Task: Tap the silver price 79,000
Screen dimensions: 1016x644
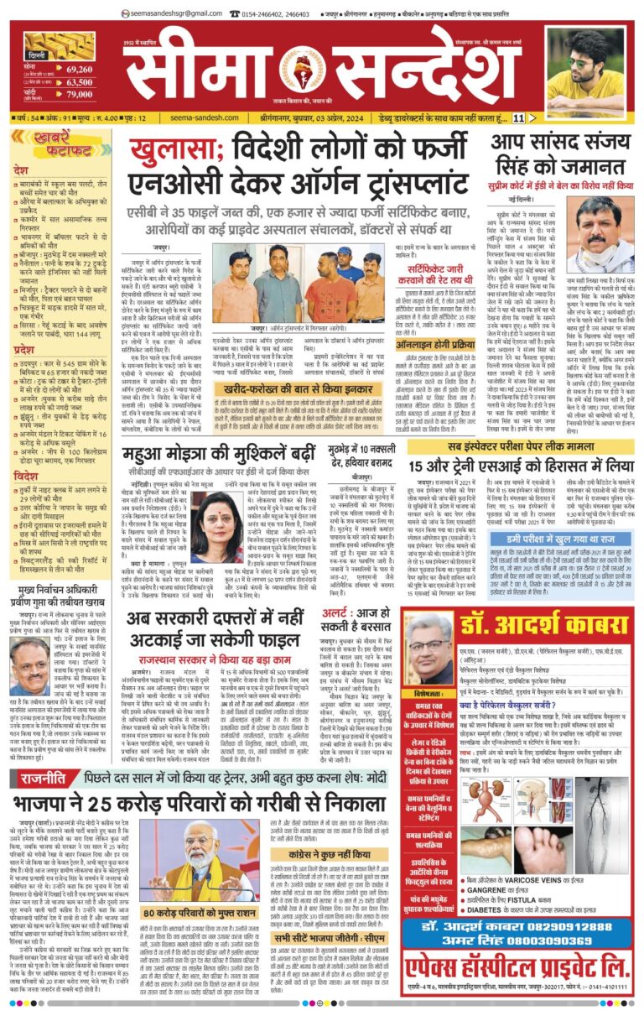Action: click(x=79, y=95)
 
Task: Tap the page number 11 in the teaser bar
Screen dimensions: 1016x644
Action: click(x=519, y=118)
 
